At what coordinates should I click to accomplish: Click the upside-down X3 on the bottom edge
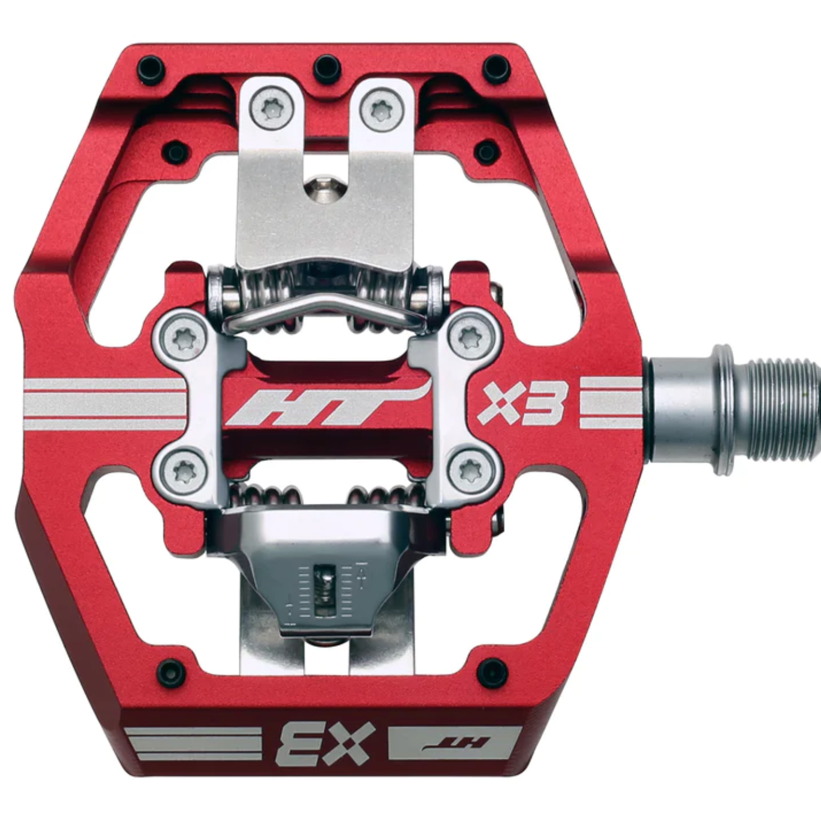(x=326, y=743)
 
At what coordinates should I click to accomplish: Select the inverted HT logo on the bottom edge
(x=455, y=744)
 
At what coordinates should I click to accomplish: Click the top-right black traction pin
(x=497, y=68)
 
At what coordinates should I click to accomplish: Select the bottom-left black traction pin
(x=170, y=673)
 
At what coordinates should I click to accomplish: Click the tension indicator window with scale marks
(x=327, y=591)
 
